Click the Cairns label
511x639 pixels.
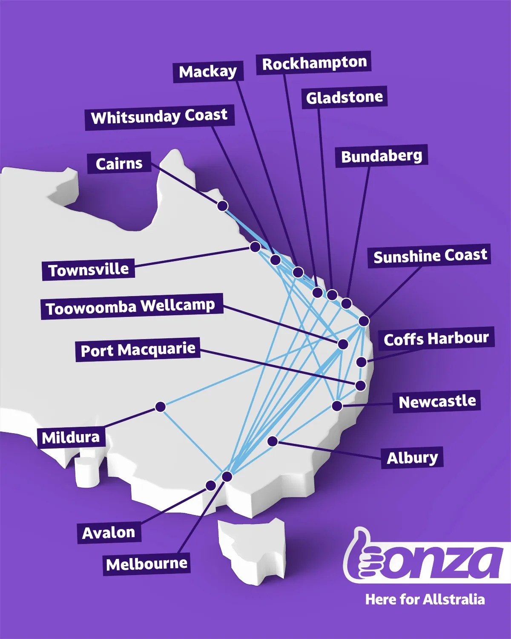click(119, 163)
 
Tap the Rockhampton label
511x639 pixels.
click(314, 63)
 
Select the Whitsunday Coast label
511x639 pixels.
click(159, 117)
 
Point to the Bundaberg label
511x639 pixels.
click(382, 156)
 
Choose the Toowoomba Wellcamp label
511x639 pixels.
click(131, 307)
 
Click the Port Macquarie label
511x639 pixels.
click(138, 350)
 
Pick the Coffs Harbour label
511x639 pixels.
click(436, 339)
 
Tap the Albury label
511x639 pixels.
click(412, 458)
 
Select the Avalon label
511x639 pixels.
click(109, 532)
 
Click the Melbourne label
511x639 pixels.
click(147, 564)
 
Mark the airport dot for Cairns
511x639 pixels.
click(222, 206)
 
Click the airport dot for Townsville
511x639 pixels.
click(255, 247)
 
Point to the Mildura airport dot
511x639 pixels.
click(160, 407)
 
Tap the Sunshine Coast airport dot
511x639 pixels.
click(364, 321)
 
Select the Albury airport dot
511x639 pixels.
click(273, 441)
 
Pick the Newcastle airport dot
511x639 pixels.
click(337, 406)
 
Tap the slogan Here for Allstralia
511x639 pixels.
click(425, 599)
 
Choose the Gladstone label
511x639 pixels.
click(344, 98)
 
